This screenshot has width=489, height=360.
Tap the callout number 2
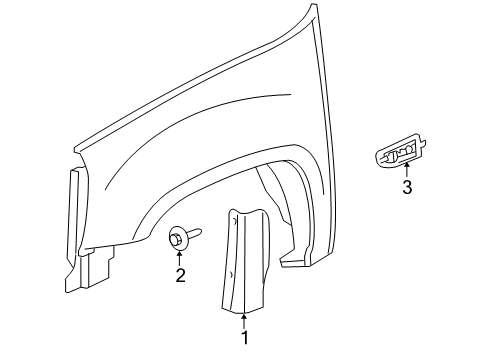pyautogui.click(x=180, y=275)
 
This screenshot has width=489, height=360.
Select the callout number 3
pyautogui.click(x=406, y=188)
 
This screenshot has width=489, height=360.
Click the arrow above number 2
pyautogui.click(x=180, y=256)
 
